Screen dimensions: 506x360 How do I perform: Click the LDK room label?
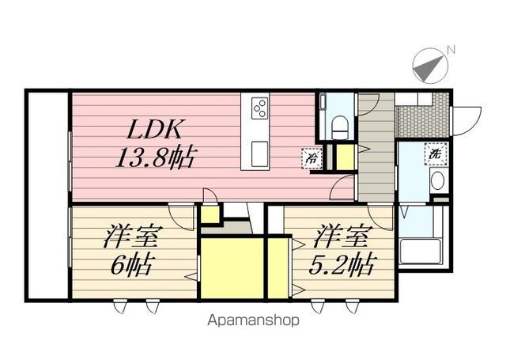pos(154,129)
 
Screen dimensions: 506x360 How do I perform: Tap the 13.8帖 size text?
pos(155,157)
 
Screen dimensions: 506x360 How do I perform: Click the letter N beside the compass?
pos(451,50)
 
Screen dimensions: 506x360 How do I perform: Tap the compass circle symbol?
pos(430,66)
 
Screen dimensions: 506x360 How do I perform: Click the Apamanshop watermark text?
pos(253,320)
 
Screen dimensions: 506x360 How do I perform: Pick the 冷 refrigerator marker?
pos(312,158)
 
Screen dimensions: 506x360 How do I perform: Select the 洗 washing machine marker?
pos(436,153)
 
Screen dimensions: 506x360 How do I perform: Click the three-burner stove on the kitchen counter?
pos(260,108)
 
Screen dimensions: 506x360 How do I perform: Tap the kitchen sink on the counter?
pos(260,154)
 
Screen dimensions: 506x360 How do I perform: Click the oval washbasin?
pos(437,181)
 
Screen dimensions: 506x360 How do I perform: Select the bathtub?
pos(420,252)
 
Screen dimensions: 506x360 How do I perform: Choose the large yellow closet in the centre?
pos(232,268)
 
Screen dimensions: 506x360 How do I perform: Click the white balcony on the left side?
pos(47,195)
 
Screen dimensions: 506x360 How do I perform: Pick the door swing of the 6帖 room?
pos(182,218)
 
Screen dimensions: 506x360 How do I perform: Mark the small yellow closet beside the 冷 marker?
pos(346,157)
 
